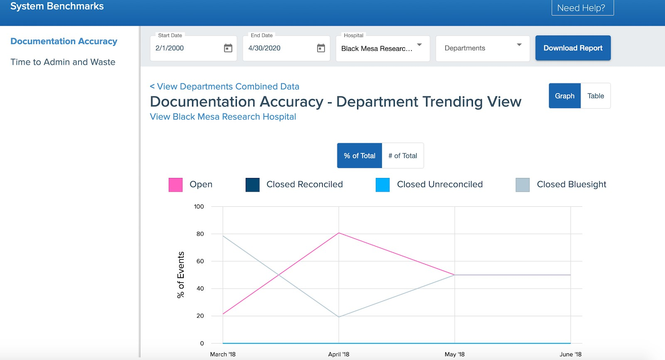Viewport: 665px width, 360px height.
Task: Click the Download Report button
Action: [x=573, y=48]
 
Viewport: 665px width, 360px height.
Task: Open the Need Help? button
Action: [x=582, y=8]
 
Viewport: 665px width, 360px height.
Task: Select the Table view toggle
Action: [x=596, y=96]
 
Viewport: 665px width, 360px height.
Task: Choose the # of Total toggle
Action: [x=402, y=156]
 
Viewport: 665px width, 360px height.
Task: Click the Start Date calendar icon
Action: [x=228, y=48]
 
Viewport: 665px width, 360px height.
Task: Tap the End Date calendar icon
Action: [x=321, y=48]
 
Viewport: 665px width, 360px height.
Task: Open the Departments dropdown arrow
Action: [x=519, y=45]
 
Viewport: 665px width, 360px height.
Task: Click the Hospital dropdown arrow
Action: [x=419, y=45]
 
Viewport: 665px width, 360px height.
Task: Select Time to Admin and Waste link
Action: [x=63, y=62]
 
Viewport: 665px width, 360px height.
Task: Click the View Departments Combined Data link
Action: [x=224, y=86]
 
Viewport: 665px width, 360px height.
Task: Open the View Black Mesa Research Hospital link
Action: [x=223, y=117]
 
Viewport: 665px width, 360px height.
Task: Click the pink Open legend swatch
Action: [x=175, y=185]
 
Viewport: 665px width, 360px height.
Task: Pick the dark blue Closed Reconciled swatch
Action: [x=252, y=185]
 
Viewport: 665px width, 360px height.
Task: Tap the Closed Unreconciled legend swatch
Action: [x=382, y=185]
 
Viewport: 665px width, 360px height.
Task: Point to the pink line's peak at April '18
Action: [x=339, y=233]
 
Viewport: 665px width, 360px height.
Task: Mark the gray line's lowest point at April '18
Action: [x=339, y=317]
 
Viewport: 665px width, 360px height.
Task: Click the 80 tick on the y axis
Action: [x=200, y=234]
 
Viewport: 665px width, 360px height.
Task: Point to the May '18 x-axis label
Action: [x=454, y=354]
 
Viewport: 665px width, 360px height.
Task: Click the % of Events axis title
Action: [x=181, y=274]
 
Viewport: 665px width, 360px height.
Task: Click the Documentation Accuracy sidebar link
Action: [x=64, y=42]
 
